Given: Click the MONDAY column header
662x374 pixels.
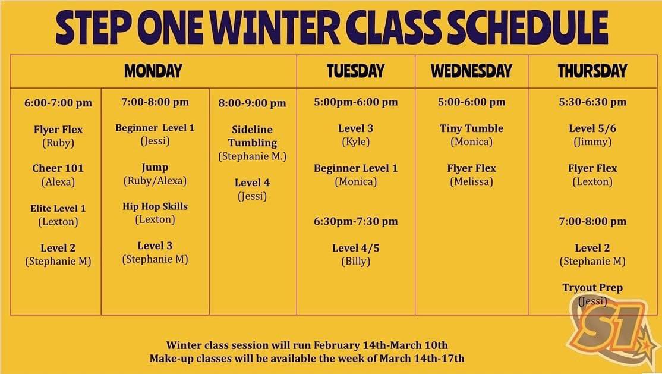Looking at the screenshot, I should click(153, 71).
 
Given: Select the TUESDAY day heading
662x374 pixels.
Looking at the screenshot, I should click(355, 71).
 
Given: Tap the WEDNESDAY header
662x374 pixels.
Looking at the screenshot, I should click(471, 71).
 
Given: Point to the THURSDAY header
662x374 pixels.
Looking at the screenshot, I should click(592, 71).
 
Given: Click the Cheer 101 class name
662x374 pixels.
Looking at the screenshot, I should click(58, 168).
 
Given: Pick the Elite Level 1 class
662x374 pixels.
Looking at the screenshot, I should click(58, 209).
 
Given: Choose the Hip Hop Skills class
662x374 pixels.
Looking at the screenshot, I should click(155, 206).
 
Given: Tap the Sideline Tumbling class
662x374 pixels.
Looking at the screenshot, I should click(253, 136).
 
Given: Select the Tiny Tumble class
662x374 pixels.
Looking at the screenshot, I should click(471, 128).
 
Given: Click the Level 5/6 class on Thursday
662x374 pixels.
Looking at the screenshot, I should click(592, 128).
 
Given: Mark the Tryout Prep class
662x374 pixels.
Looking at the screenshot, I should click(592, 288).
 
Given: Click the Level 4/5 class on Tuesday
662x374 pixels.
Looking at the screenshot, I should click(355, 248).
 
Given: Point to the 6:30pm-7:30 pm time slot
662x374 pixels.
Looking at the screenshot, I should click(355, 221).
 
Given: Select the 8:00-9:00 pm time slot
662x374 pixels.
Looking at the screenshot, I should click(253, 103).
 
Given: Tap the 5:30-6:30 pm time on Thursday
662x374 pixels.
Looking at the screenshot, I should click(592, 102).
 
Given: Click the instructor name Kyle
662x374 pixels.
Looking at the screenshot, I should click(355, 142).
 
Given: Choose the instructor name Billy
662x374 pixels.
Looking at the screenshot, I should click(355, 261).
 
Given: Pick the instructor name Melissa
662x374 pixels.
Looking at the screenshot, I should click(471, 182).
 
